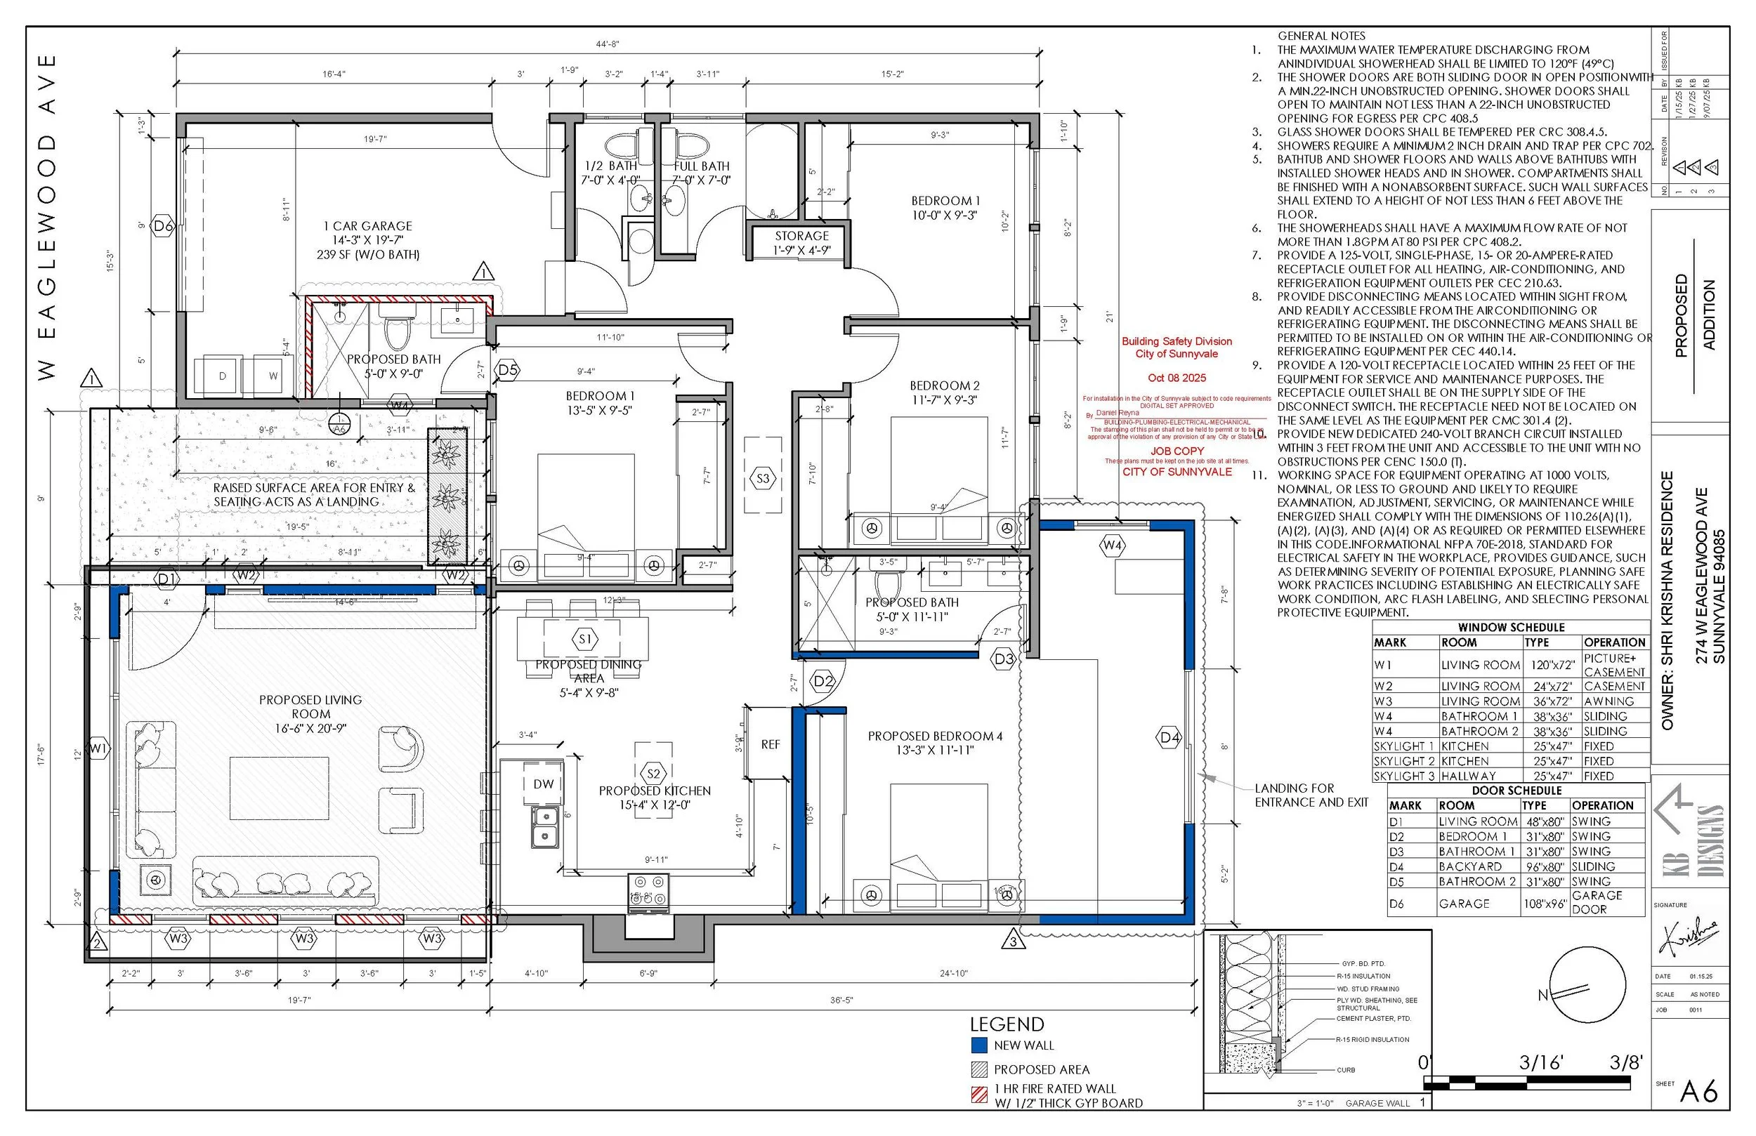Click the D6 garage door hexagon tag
(163, 227)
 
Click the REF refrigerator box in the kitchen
(770, 744)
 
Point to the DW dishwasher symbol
(543, 784)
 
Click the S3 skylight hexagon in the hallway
(763, 478)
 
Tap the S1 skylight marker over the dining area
(585, 639)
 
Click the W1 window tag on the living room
(98, 749)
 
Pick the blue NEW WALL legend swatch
(979, 1045)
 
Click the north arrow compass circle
(1588, 988)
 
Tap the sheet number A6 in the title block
(1698, 1092)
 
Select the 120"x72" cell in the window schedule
(1552, 665)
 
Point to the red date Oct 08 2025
(1177, 378)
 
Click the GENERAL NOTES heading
(1321, 35)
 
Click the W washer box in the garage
(273, 376)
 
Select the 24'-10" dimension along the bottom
(953, 973)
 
